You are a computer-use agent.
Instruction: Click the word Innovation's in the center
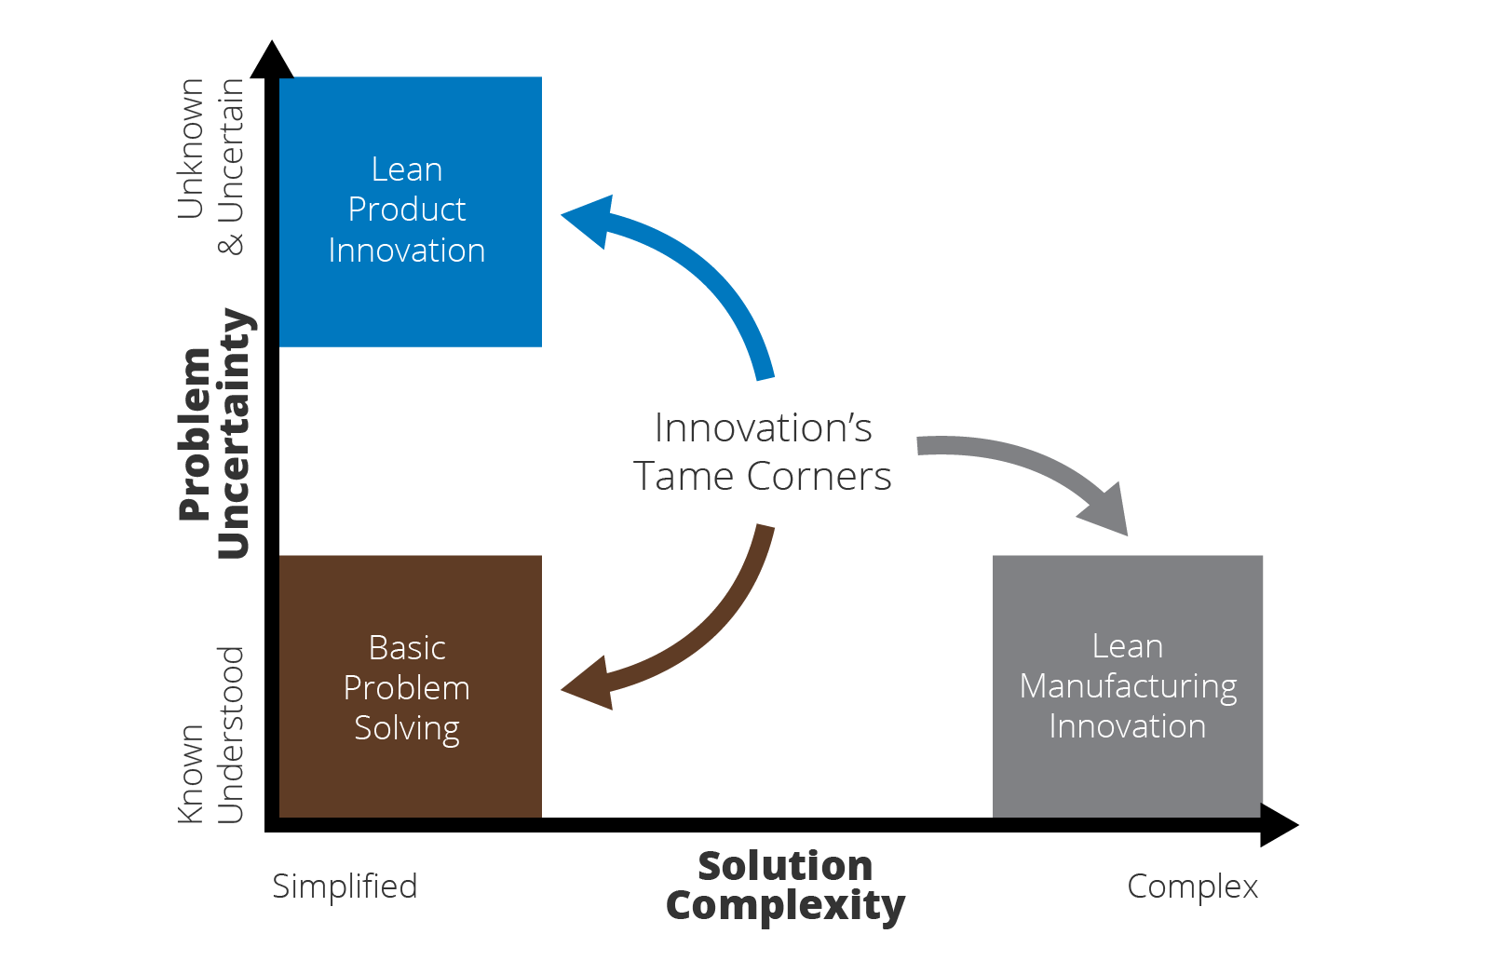click(x=763, y=428)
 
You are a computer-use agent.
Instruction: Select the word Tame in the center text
click(x=684, y=477)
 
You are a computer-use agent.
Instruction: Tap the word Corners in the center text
click(x=819, y=477)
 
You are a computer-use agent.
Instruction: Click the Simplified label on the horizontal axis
click(x=345, y=887)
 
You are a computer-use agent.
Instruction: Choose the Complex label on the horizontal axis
click(x=1192, y=887)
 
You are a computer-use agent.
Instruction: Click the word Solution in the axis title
click(x=785, y=866)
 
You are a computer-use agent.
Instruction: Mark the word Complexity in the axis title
click(x=785, y=906)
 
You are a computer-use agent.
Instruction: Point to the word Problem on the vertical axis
click(x=196, y=434)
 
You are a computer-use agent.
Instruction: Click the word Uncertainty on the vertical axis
click(x=234, y=434)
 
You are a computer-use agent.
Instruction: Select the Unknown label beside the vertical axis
click(x=191, y=149)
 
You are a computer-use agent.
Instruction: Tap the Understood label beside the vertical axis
click(x=231, y=736)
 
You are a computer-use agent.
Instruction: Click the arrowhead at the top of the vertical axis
click(x=272, y=60)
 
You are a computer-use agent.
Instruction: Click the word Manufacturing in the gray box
click(x=1128, y=686)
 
